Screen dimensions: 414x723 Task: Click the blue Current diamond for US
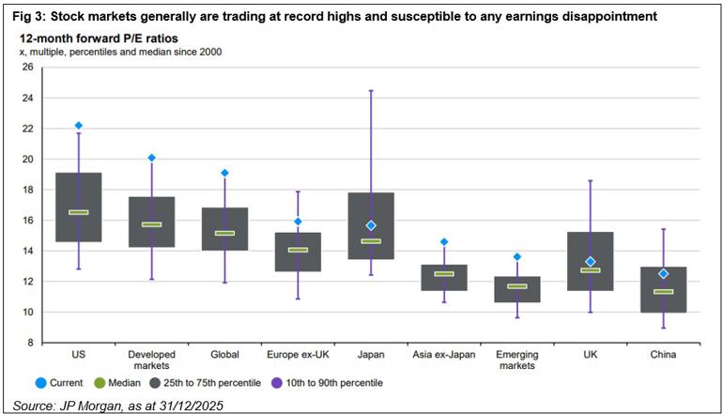pos(79,125)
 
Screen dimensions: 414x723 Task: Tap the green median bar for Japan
pos(371,240)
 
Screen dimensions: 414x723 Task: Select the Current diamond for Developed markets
pos(151,158)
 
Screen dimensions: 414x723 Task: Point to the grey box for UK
pos(591,261)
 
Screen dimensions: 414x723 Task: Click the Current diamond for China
pos(663,273)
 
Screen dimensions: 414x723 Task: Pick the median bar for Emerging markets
pos(517,286)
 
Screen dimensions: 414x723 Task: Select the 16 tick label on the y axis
pos(25,221)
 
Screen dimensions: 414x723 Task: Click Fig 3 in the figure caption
pos(22,16)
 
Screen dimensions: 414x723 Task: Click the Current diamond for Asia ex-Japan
pos(444,242)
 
